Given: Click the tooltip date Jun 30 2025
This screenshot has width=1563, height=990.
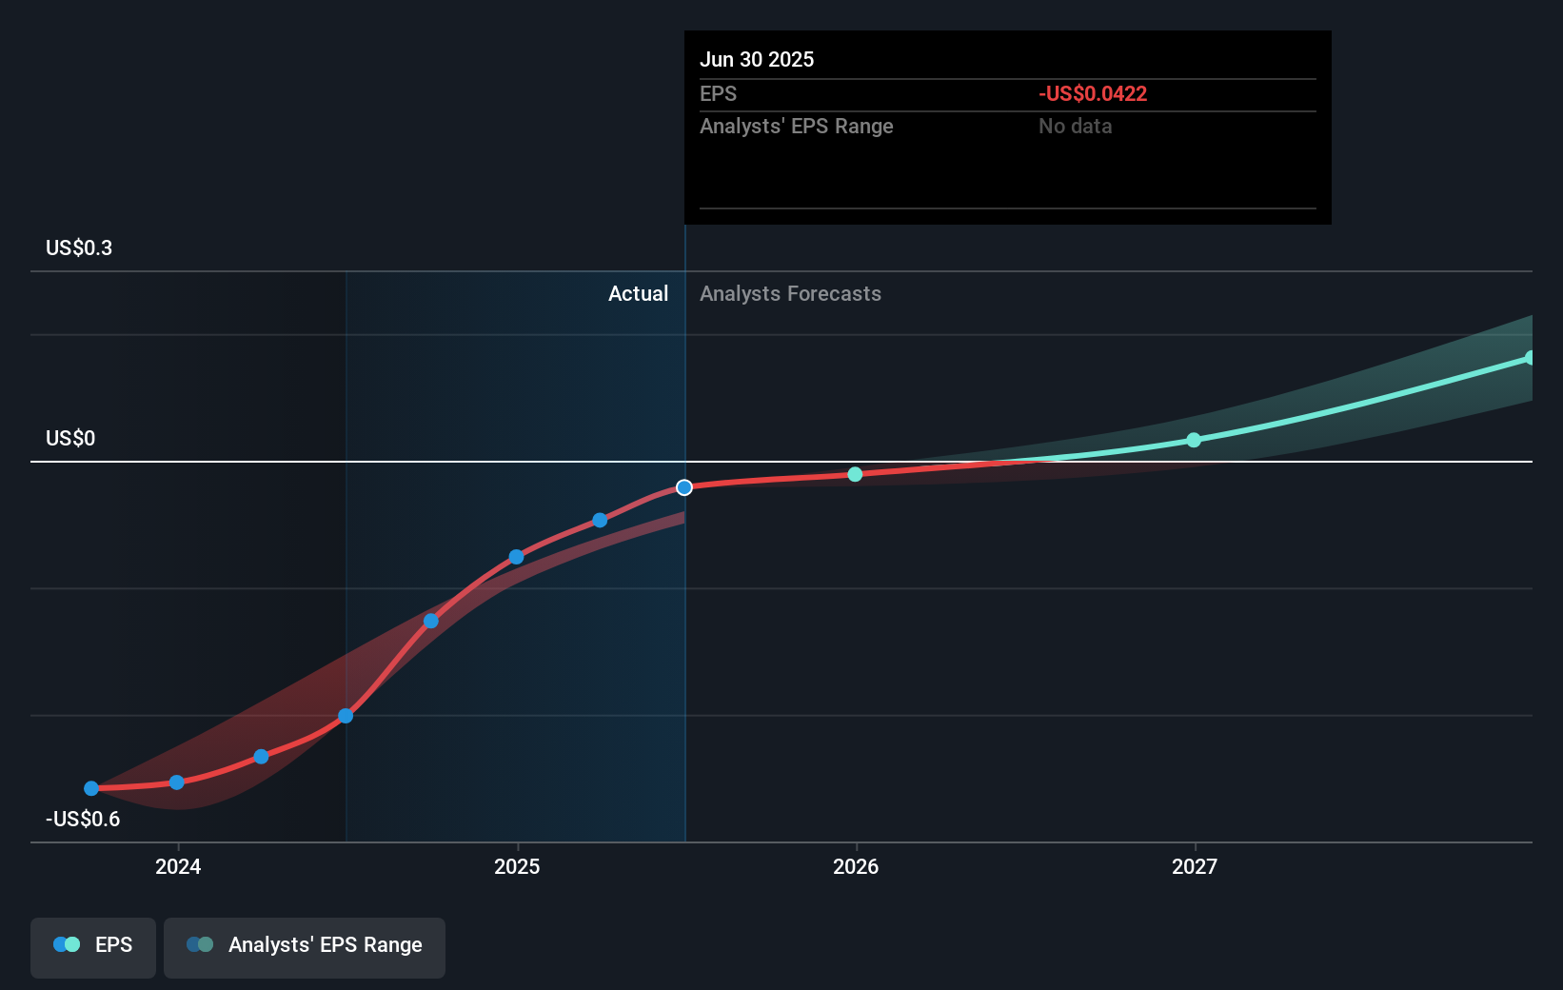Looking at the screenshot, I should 757,59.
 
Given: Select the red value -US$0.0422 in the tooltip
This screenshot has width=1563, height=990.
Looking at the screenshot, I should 1093,93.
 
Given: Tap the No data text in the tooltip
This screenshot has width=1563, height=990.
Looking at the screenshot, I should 1075,126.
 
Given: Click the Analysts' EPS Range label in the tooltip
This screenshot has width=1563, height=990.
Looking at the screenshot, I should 796,126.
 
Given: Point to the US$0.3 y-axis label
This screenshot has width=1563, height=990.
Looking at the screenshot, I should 79,247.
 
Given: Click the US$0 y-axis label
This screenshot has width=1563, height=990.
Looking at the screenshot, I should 70,438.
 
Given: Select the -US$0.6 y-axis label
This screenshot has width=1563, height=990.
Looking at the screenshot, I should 83,819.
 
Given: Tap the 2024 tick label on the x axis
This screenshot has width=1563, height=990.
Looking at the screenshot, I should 178,866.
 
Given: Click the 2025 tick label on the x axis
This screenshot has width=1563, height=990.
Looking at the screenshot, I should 517,866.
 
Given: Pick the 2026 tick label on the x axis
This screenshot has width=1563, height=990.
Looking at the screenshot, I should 856,866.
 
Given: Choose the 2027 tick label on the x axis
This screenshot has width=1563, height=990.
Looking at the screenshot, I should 1195,866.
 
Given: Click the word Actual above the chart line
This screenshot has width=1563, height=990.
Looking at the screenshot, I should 638,293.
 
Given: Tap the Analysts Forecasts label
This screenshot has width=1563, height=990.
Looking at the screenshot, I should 790,293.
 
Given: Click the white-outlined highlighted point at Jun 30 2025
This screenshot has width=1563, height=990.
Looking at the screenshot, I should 684,487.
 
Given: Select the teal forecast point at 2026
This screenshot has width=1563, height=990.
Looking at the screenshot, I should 855,474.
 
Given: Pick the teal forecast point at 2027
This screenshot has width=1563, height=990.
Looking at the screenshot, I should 1194,440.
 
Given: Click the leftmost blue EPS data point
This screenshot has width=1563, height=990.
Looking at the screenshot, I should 91,788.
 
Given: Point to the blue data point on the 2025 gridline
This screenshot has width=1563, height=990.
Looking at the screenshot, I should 516,557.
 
